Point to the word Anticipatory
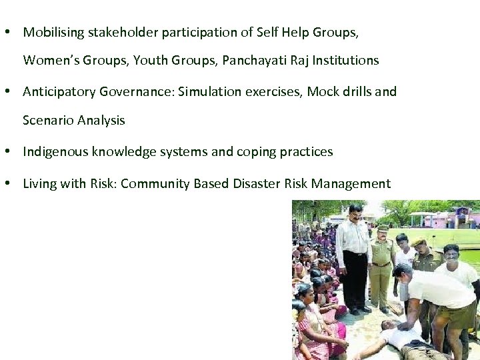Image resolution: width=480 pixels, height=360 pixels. (x=59, y=92)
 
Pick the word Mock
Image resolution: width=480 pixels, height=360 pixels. (x=321, y=91)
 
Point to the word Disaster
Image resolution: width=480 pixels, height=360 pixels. (x=257, y=183)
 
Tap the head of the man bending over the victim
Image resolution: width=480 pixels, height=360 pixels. (x=402, y=271)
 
